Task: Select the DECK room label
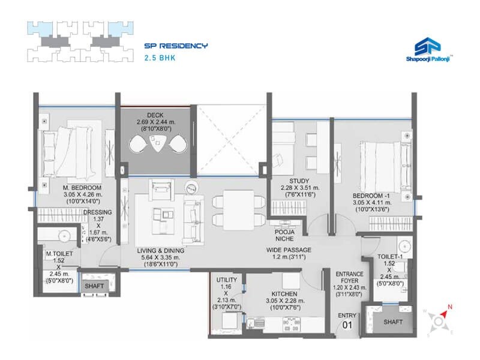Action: [x=155, y=115]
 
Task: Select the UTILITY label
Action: [x=229, y=280]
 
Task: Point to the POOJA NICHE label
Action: [x=284, y=235]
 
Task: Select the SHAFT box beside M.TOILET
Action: [x=94, y=286]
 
